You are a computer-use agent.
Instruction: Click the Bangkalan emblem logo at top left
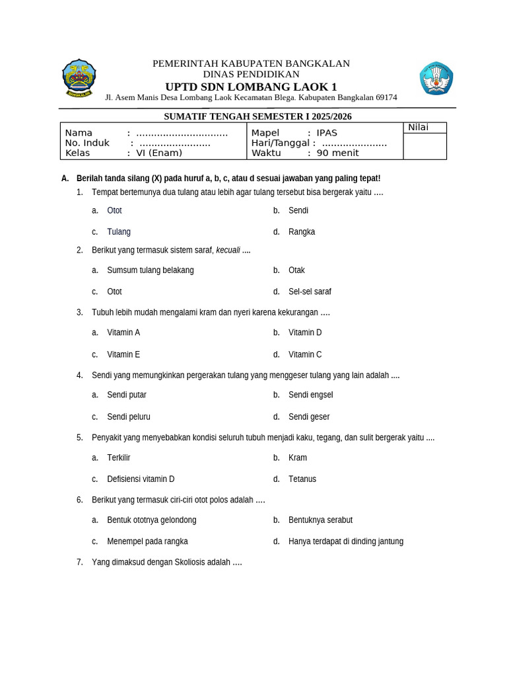79,78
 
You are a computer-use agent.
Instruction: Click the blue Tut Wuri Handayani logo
436,78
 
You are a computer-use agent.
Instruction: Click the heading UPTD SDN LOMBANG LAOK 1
251,87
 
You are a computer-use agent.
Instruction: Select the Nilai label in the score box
418,128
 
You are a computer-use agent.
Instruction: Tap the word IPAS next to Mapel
327,133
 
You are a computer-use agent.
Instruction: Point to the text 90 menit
337,153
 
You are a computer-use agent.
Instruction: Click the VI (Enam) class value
159,153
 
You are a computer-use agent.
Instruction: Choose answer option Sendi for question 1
298,210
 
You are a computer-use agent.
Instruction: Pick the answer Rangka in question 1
302,231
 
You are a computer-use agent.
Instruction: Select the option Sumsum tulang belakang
151,270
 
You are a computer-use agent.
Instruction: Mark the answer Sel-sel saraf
310,292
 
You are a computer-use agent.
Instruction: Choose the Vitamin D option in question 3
305,333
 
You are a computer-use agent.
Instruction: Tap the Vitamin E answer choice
123,354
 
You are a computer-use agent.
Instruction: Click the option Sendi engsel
310,395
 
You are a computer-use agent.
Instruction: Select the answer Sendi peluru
129,417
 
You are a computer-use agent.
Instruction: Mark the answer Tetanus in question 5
302,479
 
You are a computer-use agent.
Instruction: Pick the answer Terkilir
119,458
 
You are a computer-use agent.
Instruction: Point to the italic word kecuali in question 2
228,250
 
